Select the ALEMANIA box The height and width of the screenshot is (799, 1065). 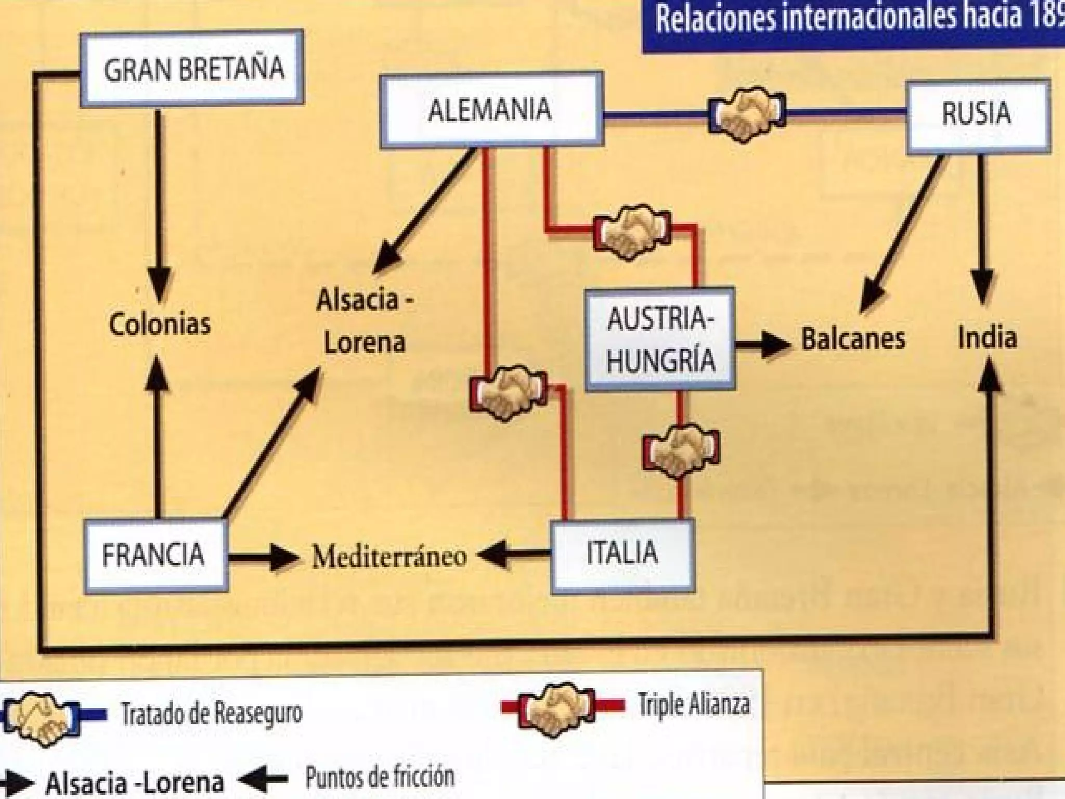(x=491, y=110)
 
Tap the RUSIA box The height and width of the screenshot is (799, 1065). (x=978, y=115)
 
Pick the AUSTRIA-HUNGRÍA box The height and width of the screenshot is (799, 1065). (x=660, y=339)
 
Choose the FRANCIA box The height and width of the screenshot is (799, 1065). (x=155, y=556)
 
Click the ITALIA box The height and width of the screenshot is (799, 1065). (x=622, y=555)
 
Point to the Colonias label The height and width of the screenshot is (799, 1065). (x=160, y=324)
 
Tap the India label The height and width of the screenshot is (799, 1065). (x=987, y=337)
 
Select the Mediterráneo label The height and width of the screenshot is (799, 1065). (x=389, y=557)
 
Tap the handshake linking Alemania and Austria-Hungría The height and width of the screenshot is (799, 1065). (x=632, y=232)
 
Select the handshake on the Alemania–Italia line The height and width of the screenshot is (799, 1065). (x=508, y=392)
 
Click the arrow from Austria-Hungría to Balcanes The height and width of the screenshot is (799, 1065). (x=762, y=344)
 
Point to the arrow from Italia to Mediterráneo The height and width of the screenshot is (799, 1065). (x=512, y=556)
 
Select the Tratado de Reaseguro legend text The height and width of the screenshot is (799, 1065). (x=211, y=714)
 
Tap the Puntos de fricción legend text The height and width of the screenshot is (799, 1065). (x=380, y=777)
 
